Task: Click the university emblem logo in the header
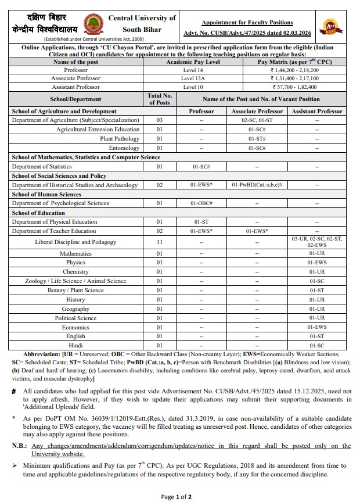point(93,24)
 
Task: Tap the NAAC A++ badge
point(332,26)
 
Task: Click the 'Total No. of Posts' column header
point(159,99)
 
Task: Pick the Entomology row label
point(124,148)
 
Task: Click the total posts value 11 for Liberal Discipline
point(159,242)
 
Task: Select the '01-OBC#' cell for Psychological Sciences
point(201,203)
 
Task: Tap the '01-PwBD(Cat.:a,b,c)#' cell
point(257,185)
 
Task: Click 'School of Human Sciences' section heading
point(46,194)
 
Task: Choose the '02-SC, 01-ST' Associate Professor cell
point(257,120)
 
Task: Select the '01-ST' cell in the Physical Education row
point(201,222)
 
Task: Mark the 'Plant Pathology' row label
point(120,139)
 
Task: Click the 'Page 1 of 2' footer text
point(176,496)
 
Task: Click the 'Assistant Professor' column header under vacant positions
point(317,111)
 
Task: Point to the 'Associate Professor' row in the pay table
point(75,78)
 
